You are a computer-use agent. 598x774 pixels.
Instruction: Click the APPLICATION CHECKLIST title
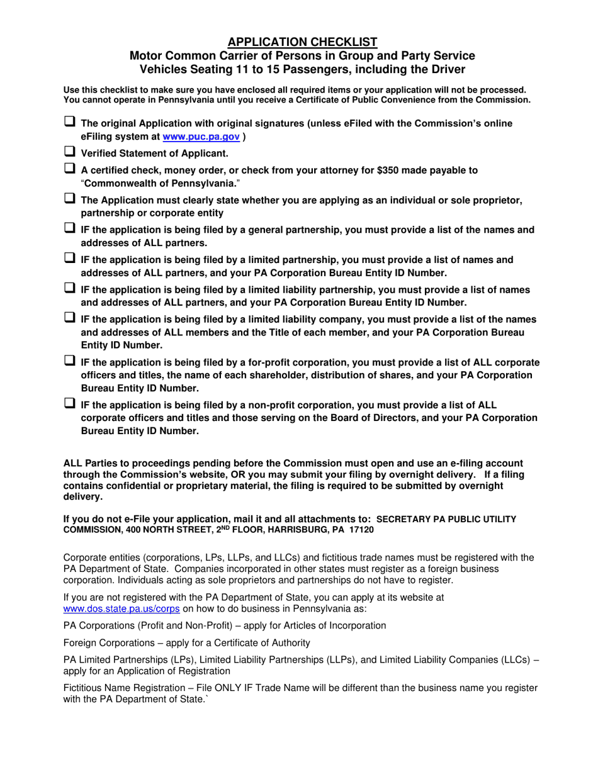tap(302, 42)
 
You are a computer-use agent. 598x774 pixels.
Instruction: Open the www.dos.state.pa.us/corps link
tap(122, 609)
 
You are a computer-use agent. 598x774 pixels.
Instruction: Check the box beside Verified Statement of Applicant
tap(70, 152)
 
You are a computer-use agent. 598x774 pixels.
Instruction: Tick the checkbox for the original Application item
tap(70, 122)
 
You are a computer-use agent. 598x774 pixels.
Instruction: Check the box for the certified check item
tap(70, 169)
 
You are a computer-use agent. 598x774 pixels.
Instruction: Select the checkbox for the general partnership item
tap(70, 229)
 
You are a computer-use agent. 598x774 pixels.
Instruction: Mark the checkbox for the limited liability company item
tap(70, 318)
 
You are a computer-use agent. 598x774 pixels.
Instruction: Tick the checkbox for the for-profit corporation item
tap(70, 361)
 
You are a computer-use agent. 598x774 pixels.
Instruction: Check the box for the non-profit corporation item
tap(70, 404)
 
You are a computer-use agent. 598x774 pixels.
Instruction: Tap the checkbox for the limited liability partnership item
tap(70, 289)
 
